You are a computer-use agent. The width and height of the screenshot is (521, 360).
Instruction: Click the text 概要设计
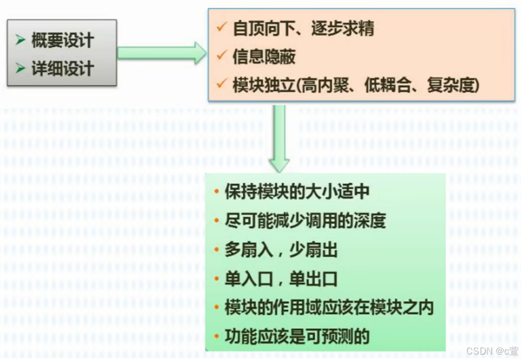[63, 40]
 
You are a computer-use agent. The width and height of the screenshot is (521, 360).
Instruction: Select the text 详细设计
[63, 68]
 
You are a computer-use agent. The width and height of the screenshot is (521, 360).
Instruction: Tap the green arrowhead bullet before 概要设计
[20, 40]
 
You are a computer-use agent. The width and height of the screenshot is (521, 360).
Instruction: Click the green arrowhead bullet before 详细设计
[20, 68]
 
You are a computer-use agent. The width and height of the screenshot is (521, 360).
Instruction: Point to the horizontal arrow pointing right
[161, 53]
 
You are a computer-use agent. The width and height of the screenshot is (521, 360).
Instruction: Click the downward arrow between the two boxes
[279, 138]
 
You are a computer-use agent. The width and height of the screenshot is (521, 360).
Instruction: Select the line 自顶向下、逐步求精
[303, 28]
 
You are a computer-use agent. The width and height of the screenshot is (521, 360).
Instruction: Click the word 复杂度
[451, 85]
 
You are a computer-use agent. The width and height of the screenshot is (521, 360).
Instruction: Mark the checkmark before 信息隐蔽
[221, 56]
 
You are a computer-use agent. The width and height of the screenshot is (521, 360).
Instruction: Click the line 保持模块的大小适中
[297, 192]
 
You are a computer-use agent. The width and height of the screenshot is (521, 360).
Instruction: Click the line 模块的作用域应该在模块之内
[328, 308]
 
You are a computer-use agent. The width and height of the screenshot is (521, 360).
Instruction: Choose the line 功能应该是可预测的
[297, 336]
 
